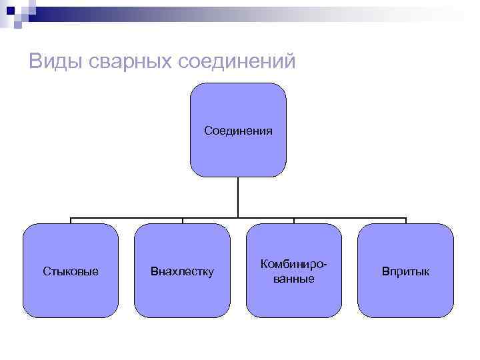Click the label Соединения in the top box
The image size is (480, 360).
[238, 130]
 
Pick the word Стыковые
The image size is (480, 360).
[71, 271]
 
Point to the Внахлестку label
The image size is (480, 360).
[182, 271]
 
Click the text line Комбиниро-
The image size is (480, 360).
[293, 265]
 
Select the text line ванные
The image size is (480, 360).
[293, 278]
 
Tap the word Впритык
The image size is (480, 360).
[405, 271]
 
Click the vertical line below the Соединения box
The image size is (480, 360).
[238, 197]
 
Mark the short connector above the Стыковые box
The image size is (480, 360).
[71, 221]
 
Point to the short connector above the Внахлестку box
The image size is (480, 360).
[183, 221]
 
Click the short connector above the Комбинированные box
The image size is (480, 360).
[294, 221]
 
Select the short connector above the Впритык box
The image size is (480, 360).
[405, 221]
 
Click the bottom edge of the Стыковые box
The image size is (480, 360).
[71, 317]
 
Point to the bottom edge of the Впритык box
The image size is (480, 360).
[405, 317]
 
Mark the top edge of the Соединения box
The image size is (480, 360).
[238, 83]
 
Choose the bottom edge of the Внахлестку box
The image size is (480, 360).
[182, 317]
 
